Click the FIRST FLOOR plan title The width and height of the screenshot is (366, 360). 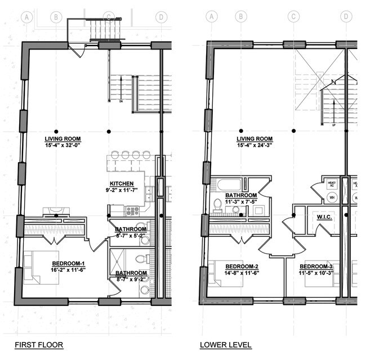[x=38, y=345]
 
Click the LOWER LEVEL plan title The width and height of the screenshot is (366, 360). [x=225, y=345]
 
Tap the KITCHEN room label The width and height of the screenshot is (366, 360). [x=122, y=184]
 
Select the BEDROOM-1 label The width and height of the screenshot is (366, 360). [x=68, y=264]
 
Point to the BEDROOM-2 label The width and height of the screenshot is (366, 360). [x=242, y=266]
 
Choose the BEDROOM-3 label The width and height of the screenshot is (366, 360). [x=316, y=266]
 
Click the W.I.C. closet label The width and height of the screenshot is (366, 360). [x=324, y=216]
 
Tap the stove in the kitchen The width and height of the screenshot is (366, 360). [x=132, y=210]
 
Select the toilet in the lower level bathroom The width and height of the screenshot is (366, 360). [x=218, y=204]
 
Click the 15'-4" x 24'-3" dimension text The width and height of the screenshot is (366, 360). [x=255, y=145]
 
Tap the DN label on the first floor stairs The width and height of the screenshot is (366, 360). [x=121, y=102]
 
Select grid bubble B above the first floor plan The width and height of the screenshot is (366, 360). [x=56, y=17]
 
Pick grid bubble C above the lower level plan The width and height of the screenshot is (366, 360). [x=293, y=17]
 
